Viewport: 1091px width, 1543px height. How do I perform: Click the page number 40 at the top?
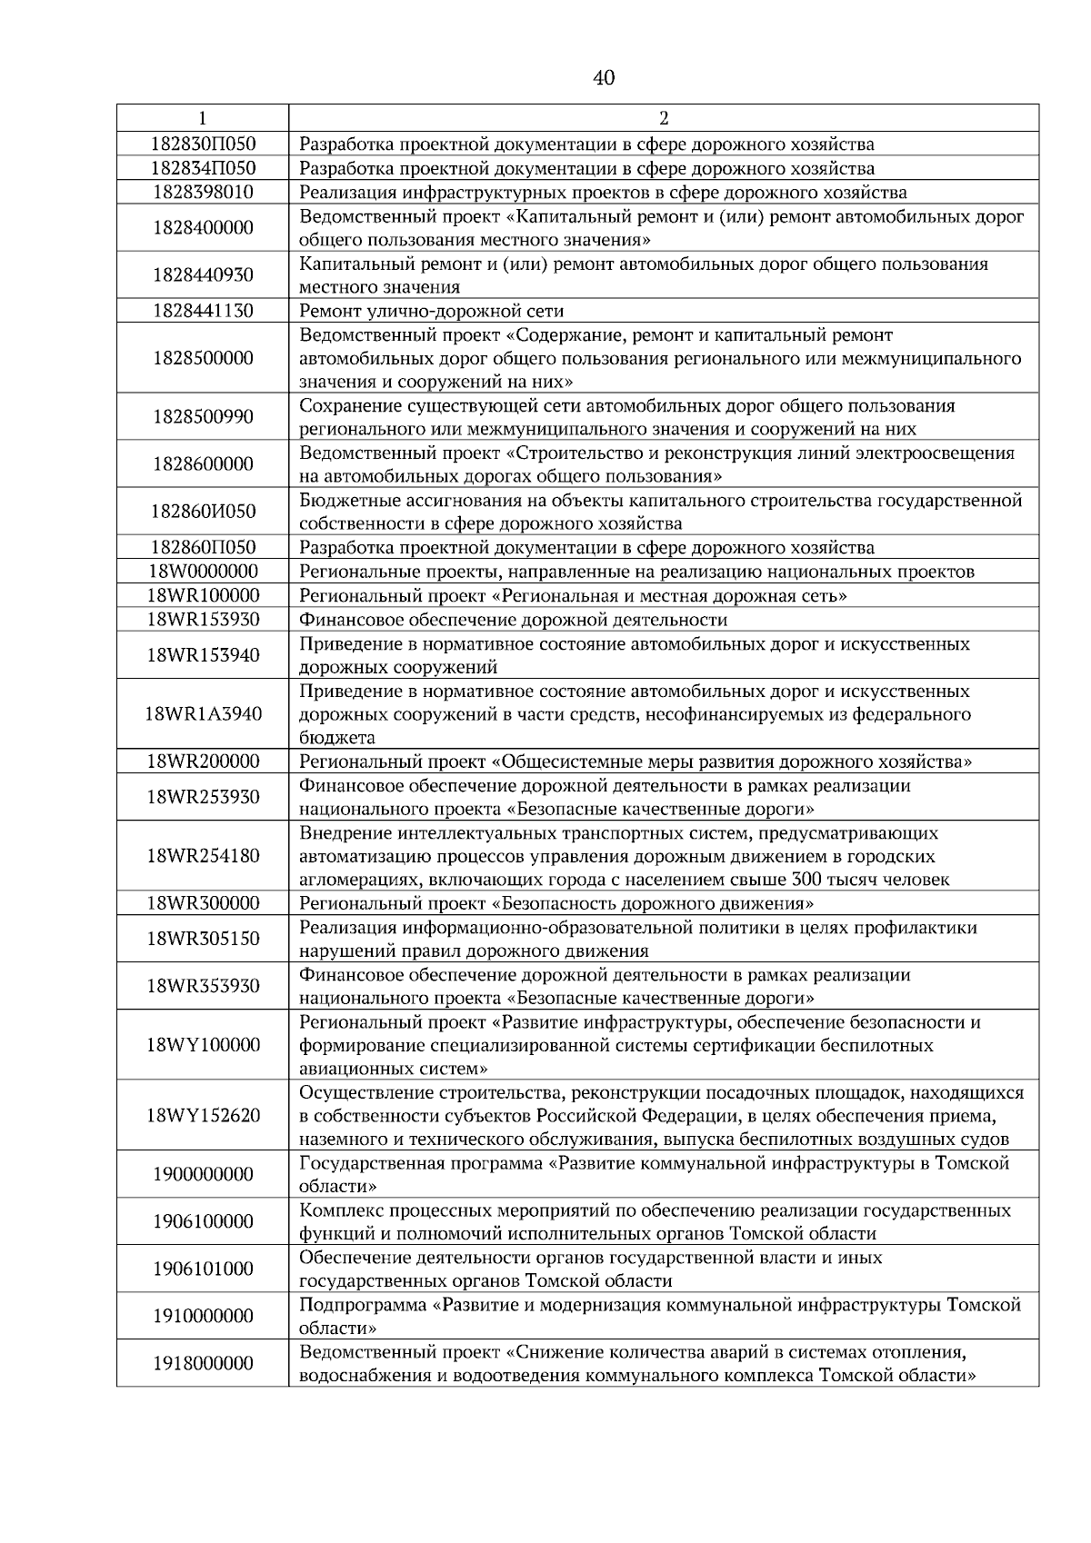pyautogui.click(x=604, y=78)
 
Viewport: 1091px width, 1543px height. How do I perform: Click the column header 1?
pyautogui.click(x=202, y=118)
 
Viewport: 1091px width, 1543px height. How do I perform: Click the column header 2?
pyautogui.click(x=664, y=118)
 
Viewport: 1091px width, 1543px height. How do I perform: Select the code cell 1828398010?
pyautogui.click(x=203, y=192)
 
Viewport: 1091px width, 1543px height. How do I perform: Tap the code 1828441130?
pyautogui.click(x=203, y=311)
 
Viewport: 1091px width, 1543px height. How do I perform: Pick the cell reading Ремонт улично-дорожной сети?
pyautogui.click(x=432, y=311)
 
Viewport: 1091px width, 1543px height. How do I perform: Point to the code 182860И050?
pyautogui.click(x=203, y=512)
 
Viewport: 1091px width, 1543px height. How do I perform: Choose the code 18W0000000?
pyautogui.click(x=203, y=572)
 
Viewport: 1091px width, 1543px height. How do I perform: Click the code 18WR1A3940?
pyautogui.click(x=203, y=714)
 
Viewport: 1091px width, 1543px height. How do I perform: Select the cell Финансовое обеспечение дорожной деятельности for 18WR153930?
pyautogui.click(x=514, y=620)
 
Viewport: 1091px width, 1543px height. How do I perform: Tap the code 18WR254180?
pyautogui.click(x=203, y=856)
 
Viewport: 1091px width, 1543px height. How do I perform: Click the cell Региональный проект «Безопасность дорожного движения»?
pyautogui.click(x=556, y=903)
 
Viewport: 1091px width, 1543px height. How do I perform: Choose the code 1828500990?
pyautogui.click(x=203, y=417)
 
